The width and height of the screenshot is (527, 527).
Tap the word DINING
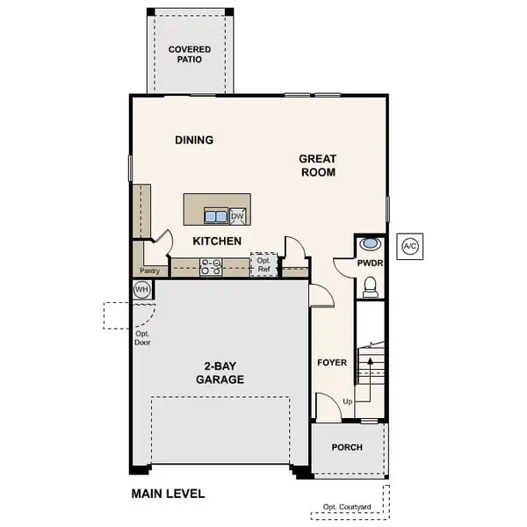point(194,140)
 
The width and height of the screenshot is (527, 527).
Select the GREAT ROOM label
point(318,166)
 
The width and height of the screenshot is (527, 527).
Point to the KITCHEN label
point(217,241)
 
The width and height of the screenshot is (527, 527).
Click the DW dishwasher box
point(238,216)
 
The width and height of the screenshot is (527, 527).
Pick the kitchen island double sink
point(216,216)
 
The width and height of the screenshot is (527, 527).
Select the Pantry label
point(148,271)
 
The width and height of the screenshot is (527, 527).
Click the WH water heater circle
point(141,290)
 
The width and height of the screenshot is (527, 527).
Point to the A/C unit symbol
point(410,246)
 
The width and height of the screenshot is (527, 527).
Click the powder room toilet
point(371,285)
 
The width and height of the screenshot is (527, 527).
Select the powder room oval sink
point(371,243)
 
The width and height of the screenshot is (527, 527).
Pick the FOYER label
point(332,362)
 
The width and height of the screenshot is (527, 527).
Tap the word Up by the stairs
point(348,401)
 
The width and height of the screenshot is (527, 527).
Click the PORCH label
point(347,447)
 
